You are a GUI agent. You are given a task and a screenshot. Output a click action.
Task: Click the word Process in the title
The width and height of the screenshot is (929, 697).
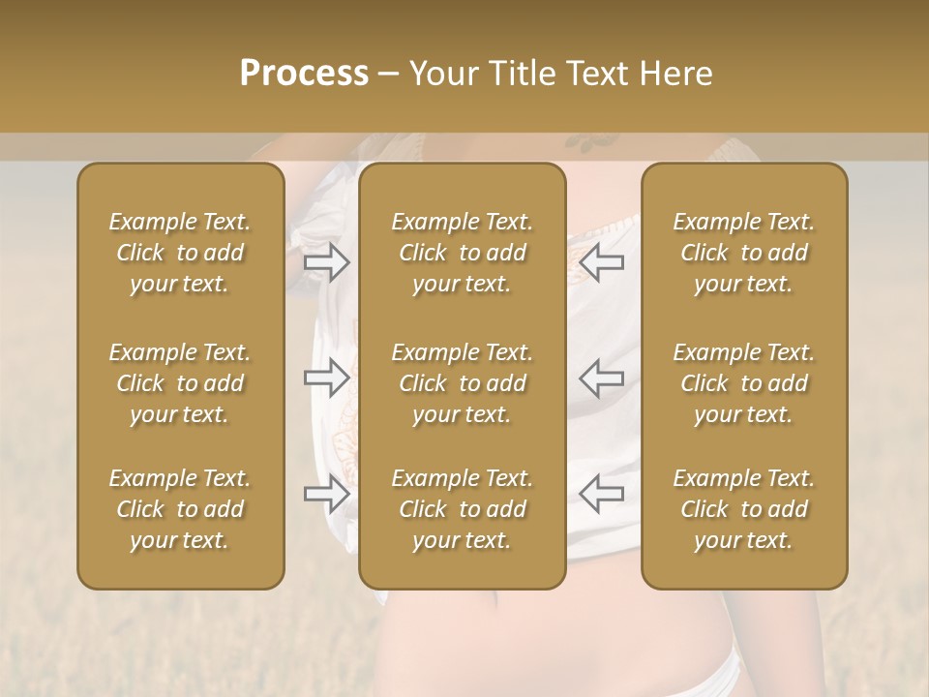(304, 73)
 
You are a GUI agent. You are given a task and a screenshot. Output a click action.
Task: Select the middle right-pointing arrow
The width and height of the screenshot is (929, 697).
(327, 378)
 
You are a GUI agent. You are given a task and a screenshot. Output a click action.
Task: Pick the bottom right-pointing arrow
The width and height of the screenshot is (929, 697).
(327, 494)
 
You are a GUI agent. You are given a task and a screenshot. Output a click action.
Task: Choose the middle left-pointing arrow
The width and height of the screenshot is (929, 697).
(601, 378)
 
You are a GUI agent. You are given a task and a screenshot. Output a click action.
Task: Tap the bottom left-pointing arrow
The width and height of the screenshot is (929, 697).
(601, 494)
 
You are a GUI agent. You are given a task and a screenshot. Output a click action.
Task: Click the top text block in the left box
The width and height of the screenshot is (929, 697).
(180, 253)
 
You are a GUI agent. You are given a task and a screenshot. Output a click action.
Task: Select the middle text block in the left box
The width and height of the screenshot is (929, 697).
(180, 383)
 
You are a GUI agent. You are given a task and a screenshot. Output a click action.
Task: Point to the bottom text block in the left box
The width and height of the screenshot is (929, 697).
(180, 509)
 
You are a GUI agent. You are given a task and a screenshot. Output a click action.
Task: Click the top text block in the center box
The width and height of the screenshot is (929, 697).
(463, 253)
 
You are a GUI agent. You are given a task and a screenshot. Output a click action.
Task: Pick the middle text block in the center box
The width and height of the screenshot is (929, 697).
(463, 383)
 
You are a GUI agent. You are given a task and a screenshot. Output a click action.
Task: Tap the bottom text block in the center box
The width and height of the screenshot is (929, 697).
(463, 509)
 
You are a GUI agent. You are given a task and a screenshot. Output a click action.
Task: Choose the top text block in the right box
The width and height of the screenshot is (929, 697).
(744, 253)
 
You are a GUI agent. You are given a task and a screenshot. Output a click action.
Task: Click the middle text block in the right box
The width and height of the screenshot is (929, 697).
(744, 383)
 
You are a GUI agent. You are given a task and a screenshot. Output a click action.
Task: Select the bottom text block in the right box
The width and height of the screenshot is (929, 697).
(744, 509)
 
